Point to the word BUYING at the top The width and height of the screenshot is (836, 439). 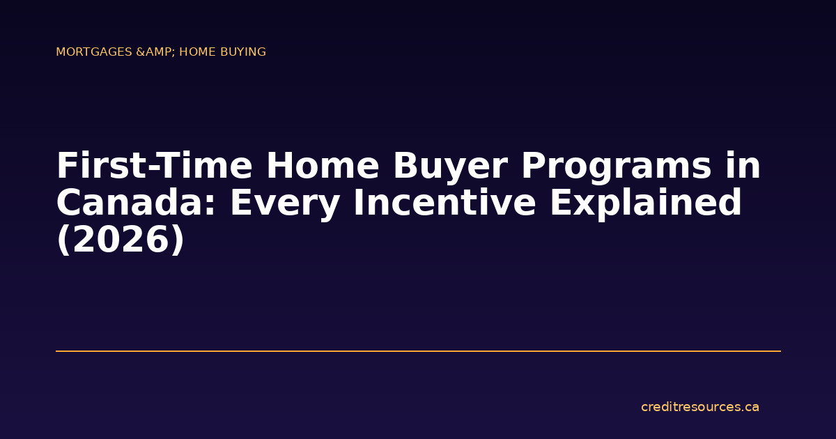(x=245, y=52)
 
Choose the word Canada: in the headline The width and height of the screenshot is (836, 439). (x=136, y=203)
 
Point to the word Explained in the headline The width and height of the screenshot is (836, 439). (x=645, y=203)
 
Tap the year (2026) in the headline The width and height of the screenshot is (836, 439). (x=121, y=240)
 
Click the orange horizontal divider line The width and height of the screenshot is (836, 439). (x=418, y=351)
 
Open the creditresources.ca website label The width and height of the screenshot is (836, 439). (x=699, y=407)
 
